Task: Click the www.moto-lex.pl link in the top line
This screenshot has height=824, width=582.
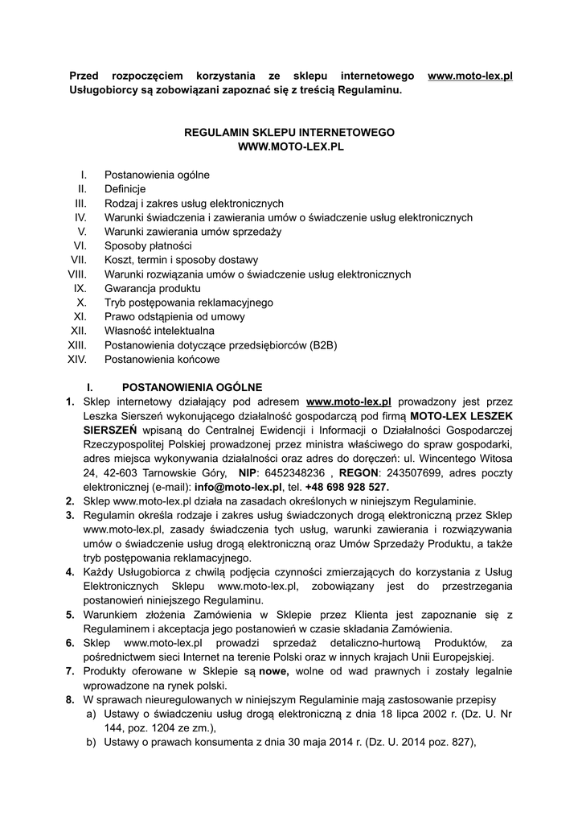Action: coord(470,76)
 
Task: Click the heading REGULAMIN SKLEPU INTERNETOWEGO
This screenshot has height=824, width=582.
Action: coord(290,132)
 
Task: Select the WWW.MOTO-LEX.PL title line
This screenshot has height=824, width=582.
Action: coord(290,146)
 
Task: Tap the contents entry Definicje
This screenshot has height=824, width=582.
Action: coord(125,189)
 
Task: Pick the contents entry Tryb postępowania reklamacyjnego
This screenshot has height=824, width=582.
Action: coord(188,303)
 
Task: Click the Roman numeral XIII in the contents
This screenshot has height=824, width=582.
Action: coord(78,345)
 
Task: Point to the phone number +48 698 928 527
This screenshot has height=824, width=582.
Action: coord(347,488)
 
